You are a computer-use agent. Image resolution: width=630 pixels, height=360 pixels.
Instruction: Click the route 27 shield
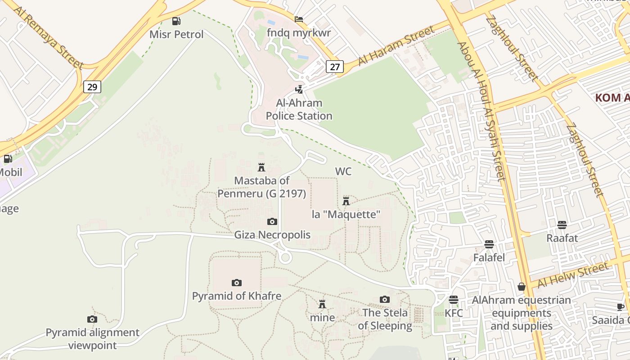pyautogui.click(x=334, y=67)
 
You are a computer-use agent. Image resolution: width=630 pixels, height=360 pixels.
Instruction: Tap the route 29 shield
pyautogui.click(x=92, y=87)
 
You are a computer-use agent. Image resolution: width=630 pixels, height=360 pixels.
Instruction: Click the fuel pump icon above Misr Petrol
pyautogui.click(x=176, y=21)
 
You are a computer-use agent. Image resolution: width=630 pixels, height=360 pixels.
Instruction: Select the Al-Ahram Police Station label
pyautogui.click(x=299, y=109)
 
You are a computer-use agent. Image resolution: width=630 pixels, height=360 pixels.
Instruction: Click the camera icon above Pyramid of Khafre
pyautogui.click(x=237, y=283)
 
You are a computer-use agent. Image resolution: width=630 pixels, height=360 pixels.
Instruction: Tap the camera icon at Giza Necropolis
pyautogui.click(x=272, y=221)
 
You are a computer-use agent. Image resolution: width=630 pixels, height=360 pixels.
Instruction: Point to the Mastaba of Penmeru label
pyautogui.click(x=261, y=187)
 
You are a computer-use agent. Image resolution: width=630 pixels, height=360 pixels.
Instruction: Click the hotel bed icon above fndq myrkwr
pyautogui.click(x=298, y=19)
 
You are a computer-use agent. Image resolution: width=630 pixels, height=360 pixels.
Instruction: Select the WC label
pyautogui.click(x=343, y=171)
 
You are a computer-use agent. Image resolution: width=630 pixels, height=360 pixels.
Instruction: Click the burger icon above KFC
pyautogui.click(x=454, y=300)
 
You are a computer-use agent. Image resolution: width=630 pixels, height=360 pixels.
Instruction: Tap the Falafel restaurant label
pyautogui.click(x=489, y=258)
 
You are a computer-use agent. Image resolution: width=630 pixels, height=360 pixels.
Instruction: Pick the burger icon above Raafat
pyautogui.click(x=562, y=225)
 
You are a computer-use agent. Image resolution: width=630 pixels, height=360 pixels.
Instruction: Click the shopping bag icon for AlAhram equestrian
pyautogui.click(x=522, y=287)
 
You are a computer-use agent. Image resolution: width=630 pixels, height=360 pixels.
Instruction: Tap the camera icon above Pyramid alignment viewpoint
pyautogui.click(x=92, y=319)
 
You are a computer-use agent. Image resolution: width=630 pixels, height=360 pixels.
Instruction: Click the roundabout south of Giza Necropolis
pyautogui.click(x=285, y=258)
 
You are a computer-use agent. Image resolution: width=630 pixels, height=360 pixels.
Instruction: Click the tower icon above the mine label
pyautogui.click(x=322, y=304)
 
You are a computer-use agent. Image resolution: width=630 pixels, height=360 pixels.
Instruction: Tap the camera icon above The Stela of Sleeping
pyautogui.click(x=384, y=299)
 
